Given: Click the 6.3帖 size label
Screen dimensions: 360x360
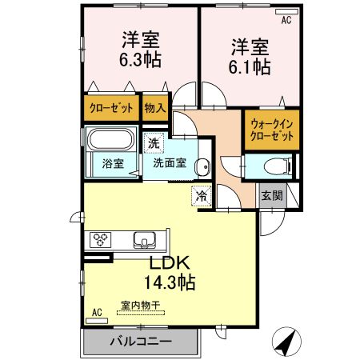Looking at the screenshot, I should [140, 60].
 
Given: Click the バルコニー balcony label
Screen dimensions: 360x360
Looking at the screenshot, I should [141, 342].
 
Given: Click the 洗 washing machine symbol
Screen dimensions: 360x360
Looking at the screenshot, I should [153, 144].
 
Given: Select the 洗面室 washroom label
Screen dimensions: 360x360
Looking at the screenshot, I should [170, 163].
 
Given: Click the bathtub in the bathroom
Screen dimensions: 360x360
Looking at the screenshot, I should [113, 141].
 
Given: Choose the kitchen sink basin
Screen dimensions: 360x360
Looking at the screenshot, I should [146, 239].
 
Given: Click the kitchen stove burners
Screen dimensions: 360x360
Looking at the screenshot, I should [102, 239].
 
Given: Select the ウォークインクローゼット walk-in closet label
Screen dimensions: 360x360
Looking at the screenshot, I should [272, 130].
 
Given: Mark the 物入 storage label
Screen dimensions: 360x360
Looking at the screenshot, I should [154, 107].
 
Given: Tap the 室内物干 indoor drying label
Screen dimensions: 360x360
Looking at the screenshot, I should [141, 305].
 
